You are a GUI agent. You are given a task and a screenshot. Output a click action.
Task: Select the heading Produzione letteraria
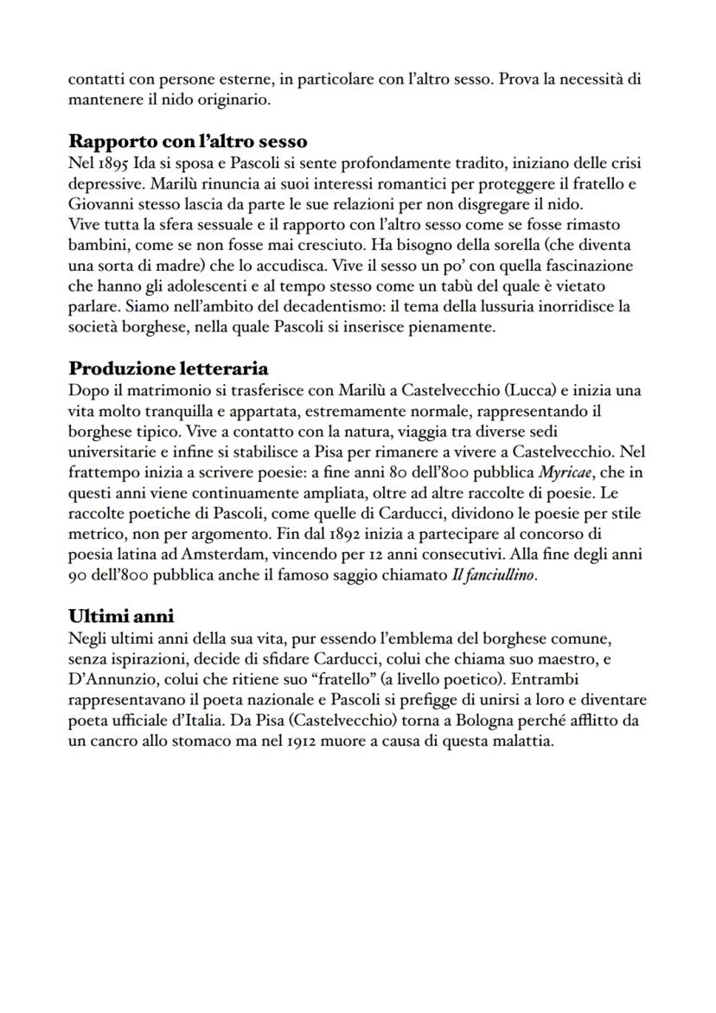[169, 369]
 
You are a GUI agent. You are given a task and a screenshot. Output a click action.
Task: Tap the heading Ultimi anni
[121, 616]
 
